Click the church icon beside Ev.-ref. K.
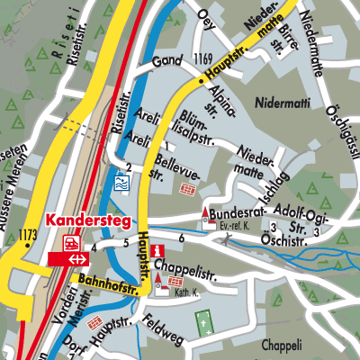click(x=207, y=216)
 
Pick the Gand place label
click(x=166, y=62)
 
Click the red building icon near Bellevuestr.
click(x=188, y=190)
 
